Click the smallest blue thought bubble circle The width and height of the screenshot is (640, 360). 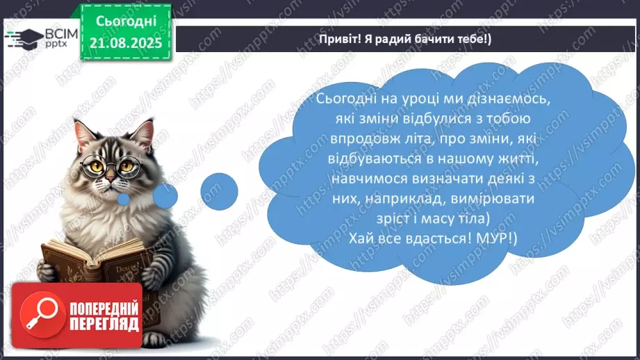[124, 200]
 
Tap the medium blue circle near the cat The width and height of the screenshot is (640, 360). [165, 195]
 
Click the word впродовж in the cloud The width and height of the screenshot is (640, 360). [344, 141]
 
